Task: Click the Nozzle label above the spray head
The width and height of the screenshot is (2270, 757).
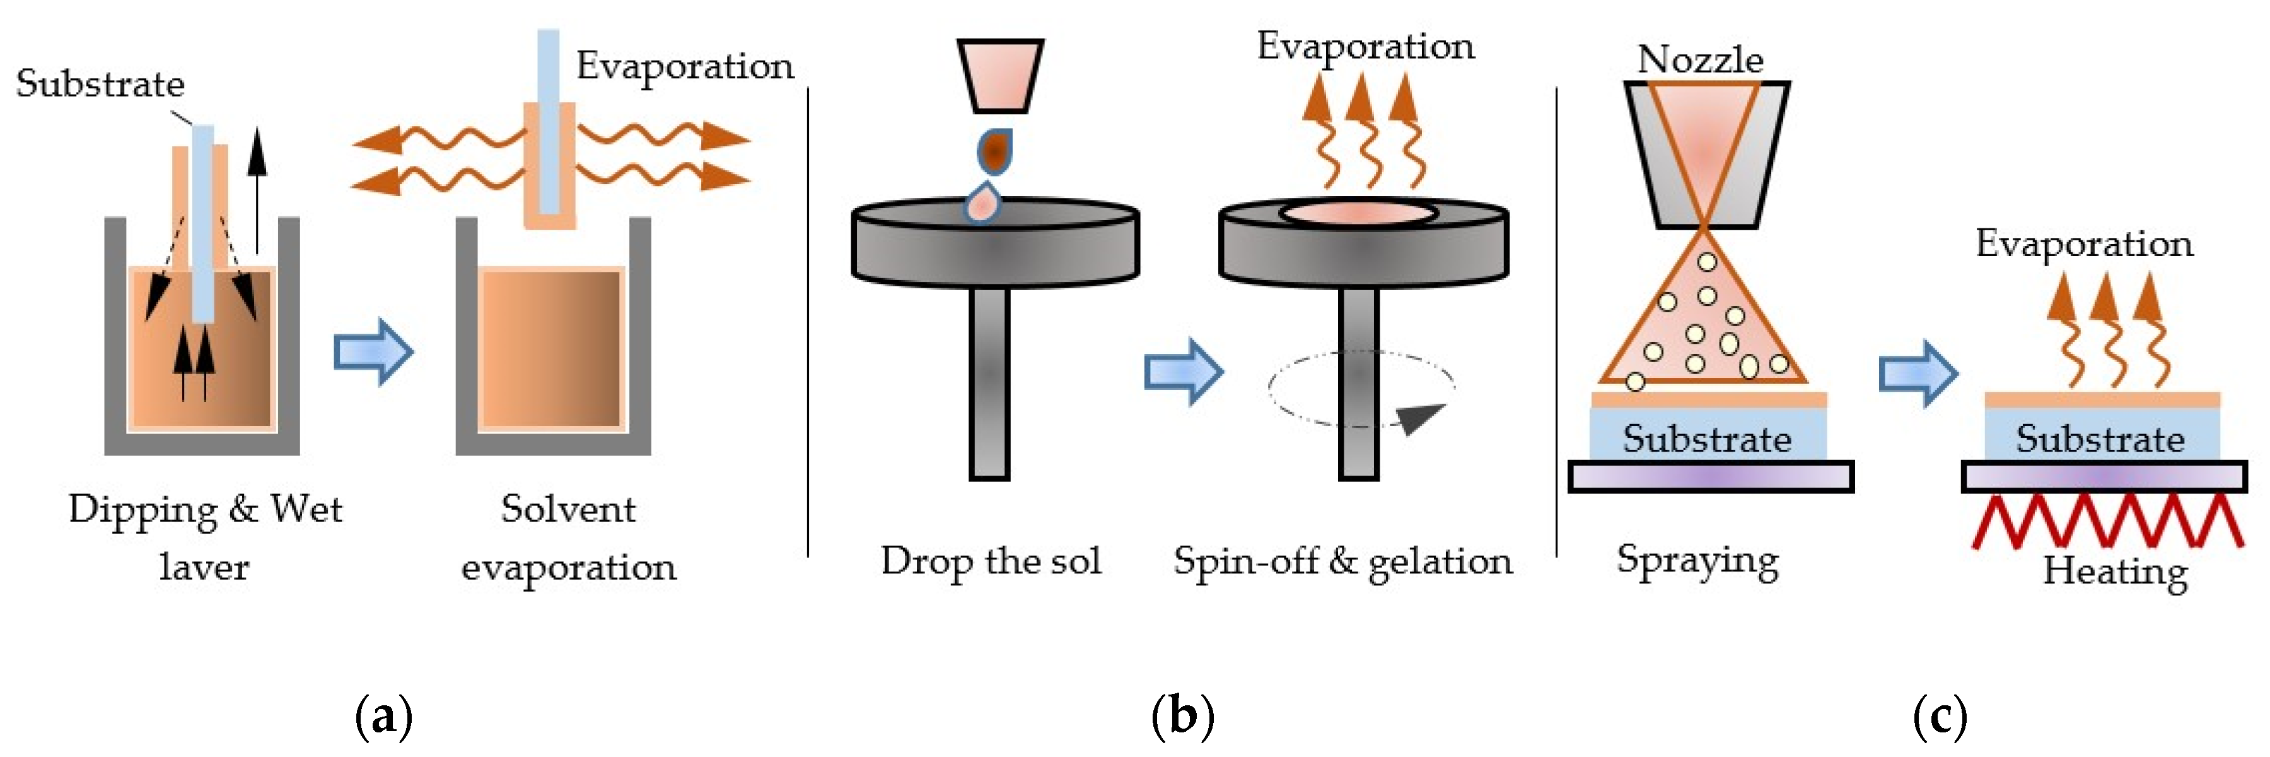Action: coord(1700,59)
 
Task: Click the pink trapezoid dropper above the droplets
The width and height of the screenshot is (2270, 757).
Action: coord(1000,76)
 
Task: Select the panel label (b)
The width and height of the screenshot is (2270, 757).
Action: coord(1182,715)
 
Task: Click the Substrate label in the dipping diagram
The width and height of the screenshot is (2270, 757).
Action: coord(100,84)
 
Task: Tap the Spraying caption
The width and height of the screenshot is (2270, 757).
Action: coord(1697,560)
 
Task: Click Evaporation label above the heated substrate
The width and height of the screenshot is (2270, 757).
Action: coord(2084,244)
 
